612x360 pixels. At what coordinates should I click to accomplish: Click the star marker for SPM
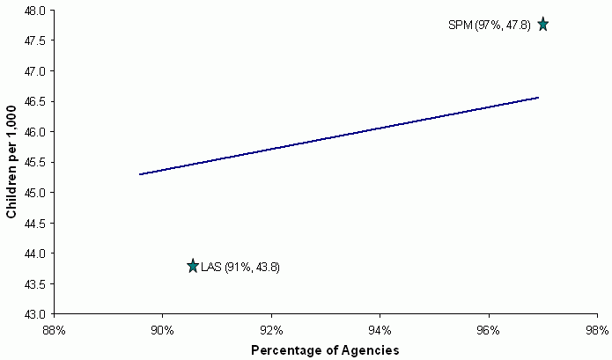543,24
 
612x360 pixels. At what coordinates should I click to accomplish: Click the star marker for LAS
193,266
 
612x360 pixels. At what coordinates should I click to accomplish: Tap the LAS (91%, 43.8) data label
240,267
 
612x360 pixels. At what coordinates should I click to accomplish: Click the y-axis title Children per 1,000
12,162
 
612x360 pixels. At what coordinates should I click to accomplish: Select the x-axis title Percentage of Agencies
325,350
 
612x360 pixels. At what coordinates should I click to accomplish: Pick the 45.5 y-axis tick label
36,162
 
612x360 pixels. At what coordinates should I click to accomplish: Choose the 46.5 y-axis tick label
36,101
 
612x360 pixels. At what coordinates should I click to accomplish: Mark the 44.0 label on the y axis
36,253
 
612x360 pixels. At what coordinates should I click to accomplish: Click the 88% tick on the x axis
55,330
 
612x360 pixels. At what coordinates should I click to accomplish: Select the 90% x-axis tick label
163,330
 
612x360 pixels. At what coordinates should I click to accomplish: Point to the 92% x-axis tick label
271,330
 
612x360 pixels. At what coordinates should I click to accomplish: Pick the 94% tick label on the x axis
380,330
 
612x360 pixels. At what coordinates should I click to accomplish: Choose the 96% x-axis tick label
489,330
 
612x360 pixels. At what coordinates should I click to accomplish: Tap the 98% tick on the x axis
597,330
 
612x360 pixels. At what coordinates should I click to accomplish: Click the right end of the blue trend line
538,98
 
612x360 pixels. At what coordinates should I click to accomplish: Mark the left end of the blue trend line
139,174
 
